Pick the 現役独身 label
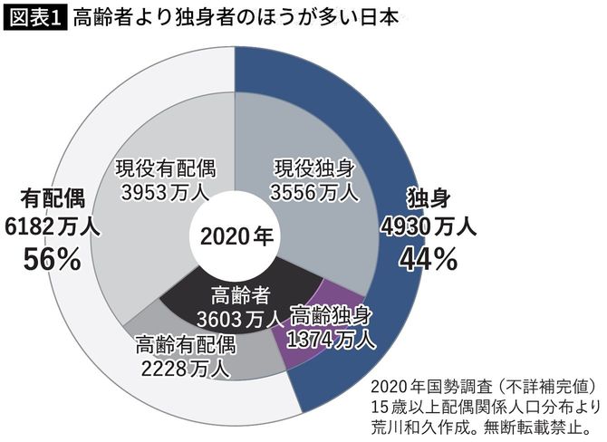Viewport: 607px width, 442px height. click(315, 167)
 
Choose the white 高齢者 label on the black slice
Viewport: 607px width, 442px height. click(239, 294)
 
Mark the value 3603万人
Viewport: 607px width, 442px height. click(239, 318)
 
